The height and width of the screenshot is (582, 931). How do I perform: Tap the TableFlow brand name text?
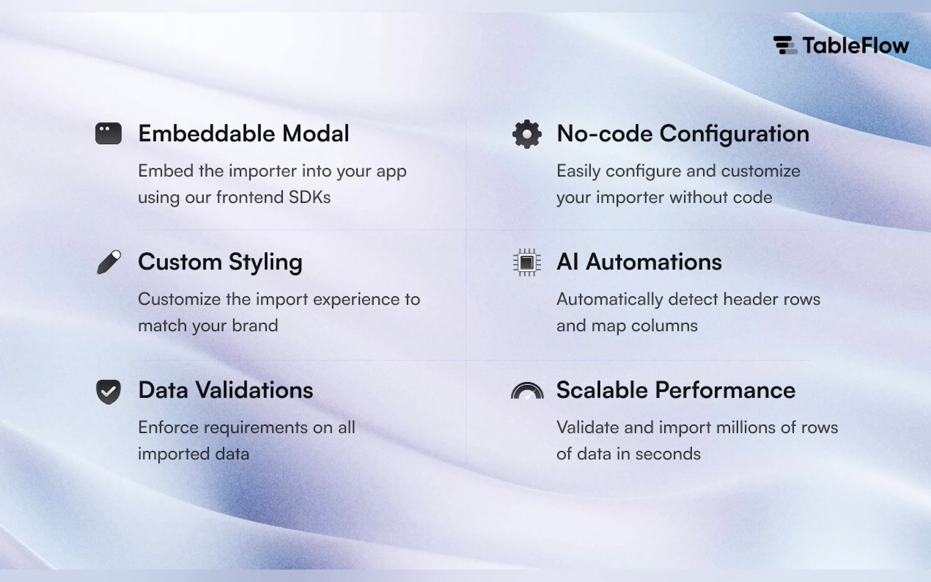(x=856, y=45)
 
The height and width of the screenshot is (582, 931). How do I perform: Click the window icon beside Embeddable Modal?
(x=108, y=133)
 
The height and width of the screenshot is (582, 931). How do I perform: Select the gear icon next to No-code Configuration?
(x=527, y=134)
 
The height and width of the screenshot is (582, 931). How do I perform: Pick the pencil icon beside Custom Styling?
(x=108, y=262)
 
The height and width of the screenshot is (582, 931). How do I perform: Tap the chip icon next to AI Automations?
(x=527, y=262)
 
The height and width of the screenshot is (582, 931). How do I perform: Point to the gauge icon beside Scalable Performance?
(x=527, y=391)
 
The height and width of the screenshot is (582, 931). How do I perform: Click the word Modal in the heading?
(x=316, y=133)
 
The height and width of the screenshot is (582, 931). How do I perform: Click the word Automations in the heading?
(x=654, y=262)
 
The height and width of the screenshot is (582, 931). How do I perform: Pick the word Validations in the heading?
(x=254, y=390)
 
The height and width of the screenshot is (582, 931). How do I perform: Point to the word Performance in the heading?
(x=725, y=390)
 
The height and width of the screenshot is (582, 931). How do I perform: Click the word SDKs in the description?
(x=309, y=197)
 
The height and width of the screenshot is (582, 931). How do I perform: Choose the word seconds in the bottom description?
(x=668, y=454)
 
